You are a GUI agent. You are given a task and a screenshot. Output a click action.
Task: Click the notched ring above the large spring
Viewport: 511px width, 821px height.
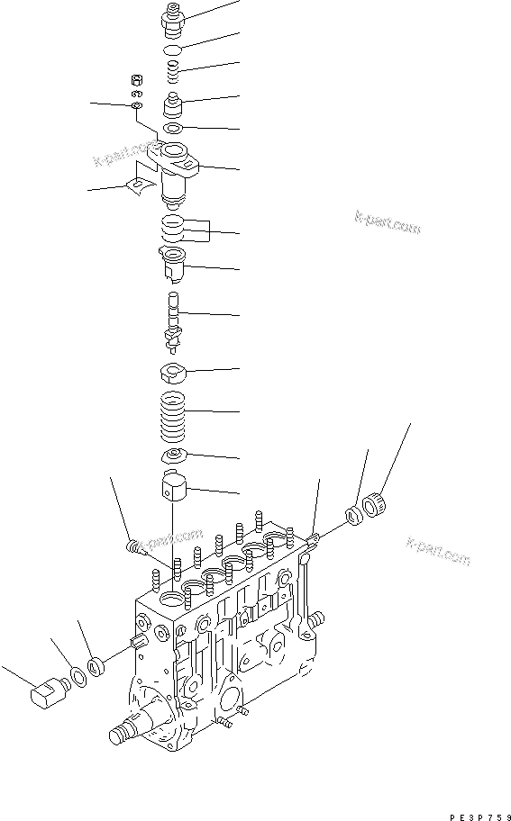point(174,370)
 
